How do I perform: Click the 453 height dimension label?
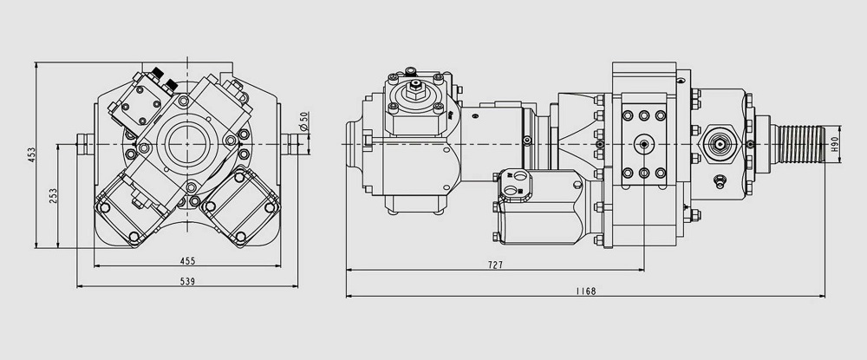tap(31, 154)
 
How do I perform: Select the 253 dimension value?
tap(53, 196)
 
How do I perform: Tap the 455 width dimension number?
tap(187, 261)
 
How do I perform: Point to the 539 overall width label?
tap(187, 281)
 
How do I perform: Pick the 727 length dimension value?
tap(495, 265)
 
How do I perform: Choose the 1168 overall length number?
tap(586, 291)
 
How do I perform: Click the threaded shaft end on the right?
tap(801, 144)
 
